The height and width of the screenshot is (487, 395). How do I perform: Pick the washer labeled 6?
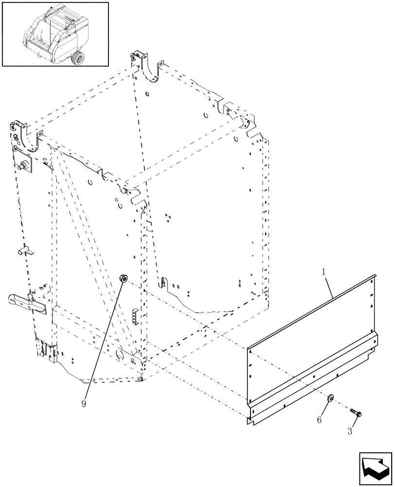330,398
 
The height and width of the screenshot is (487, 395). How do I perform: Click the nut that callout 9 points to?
124,279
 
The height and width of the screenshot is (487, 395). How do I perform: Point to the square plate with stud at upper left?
24,160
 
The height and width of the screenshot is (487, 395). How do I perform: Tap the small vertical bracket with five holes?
136,318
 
